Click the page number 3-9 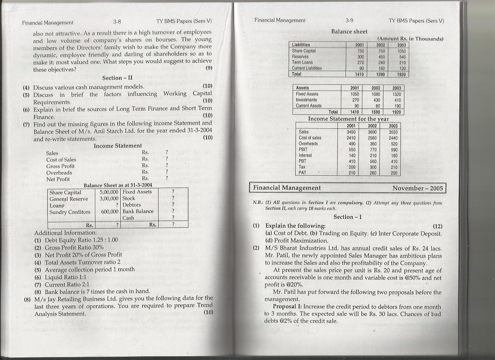pos(349,20)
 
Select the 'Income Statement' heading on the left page pos(118,146)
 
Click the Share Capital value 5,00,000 pos(108,192)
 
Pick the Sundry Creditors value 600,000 pos(110,212)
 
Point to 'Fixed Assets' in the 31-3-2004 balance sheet pos(137,192)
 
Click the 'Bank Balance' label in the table pos(138,211)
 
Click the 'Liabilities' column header pos(301,44)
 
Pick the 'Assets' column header pos(302,88)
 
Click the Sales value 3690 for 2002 pos(372,132)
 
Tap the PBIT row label pos(303,150)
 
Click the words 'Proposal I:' pos(287,307)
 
